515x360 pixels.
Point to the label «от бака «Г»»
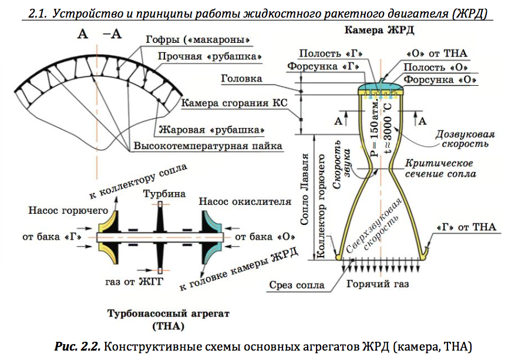click(48, 237)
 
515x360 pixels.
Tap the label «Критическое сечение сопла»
click(440, 169)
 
